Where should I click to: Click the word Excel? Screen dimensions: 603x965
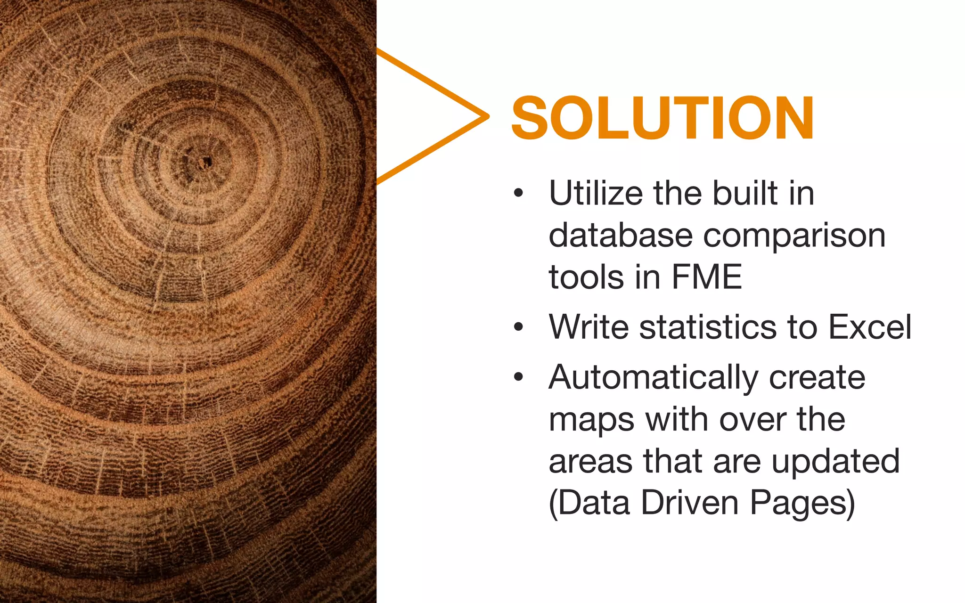(870, 326)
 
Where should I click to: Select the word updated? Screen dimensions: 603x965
(835, 462)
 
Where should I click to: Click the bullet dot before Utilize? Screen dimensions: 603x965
(519, 193)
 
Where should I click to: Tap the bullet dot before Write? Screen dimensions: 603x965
(519, 326)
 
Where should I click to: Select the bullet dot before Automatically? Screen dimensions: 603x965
(519, 377)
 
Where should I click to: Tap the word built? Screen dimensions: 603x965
(745, 193)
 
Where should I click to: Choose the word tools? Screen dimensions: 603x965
(586, 277)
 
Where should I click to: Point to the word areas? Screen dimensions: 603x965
(591, 462)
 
